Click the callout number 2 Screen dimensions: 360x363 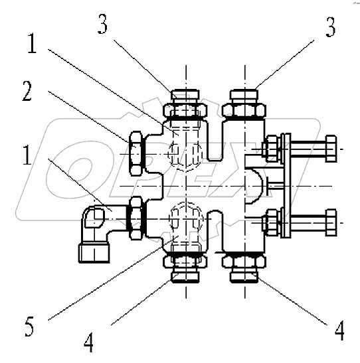[27, 91]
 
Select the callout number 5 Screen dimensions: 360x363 [29, 327]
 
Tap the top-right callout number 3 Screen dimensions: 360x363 [331, 27]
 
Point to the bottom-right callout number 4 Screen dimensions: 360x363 [339, 330]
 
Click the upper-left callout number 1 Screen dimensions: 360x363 [32, 43]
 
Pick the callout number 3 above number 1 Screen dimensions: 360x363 [103, 24]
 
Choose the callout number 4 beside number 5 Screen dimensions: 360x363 [89, 342]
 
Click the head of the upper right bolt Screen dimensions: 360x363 [331, 149]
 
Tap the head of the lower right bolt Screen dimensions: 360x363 [331, 222]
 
